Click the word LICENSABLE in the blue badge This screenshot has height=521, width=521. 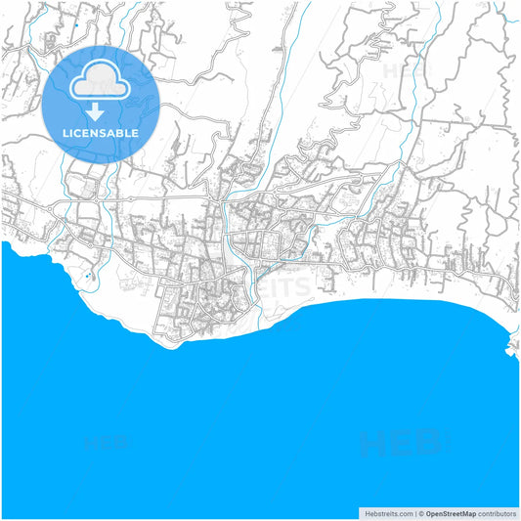pyautogui.click(x=102, y=132)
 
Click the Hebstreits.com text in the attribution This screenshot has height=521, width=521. pyautogui.click(x=386, y=512)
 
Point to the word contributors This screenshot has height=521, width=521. pyautogui.click(x=497, y=512)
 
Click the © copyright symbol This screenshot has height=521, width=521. pyautogui.click(x=419, y=512)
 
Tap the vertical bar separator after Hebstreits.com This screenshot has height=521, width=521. pyautogui.click(x=412, y=512)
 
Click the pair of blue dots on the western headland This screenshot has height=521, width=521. pyautogui.click(x=89, y=276)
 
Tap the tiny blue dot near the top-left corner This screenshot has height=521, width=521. pyautogui.click(x=74, y=22)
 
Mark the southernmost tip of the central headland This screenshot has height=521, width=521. pyautogui.click(x=176, y=344)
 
